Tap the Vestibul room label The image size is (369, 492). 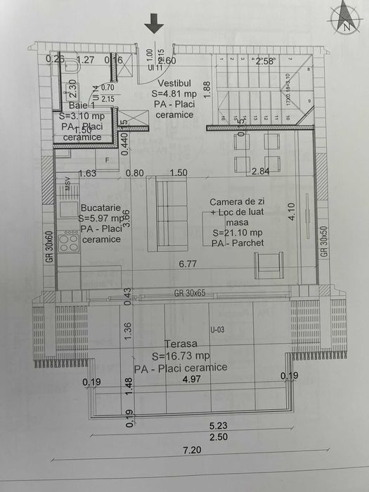[167, 82]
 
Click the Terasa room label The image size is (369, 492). [181, 344]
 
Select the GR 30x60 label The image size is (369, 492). [49, 245]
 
